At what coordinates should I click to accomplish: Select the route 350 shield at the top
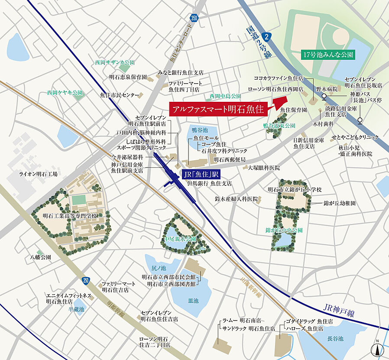click(194, 18)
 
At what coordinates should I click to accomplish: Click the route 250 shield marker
click(86, 281)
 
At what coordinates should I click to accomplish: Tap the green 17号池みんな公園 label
click(328, 55)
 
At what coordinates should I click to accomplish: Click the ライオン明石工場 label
click(38, 174)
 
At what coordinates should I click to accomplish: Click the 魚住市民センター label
click(120, 95)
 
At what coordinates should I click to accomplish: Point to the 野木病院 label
click(326, 88)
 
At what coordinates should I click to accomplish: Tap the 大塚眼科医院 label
click(264, 167)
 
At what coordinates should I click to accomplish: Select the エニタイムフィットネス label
click(69, 295)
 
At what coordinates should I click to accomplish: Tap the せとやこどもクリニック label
click(354, 137)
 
